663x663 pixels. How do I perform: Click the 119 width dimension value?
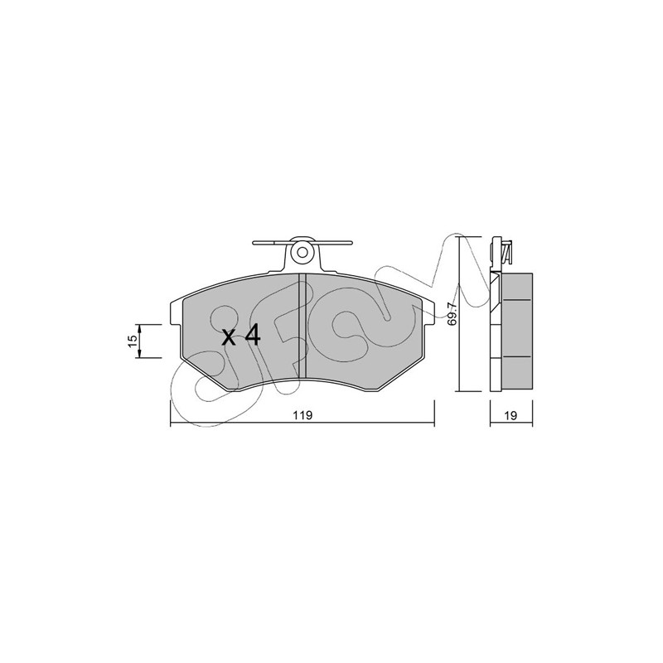tap(302, 415)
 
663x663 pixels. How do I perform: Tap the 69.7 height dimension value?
tap(452, 314)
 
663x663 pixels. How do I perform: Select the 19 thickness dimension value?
tap(511, 415)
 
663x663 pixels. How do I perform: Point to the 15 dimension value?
tap(133, 341)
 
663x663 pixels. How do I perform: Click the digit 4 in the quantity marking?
tap(253, 336)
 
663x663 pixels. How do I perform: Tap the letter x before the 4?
tap(229, 339)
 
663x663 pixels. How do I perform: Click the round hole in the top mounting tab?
tap(302, 253)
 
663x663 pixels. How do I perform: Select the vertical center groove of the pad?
tap(302, 326)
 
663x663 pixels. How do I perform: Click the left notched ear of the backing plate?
tap(176, 313)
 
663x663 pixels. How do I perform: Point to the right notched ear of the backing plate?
tap(428, 313)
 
